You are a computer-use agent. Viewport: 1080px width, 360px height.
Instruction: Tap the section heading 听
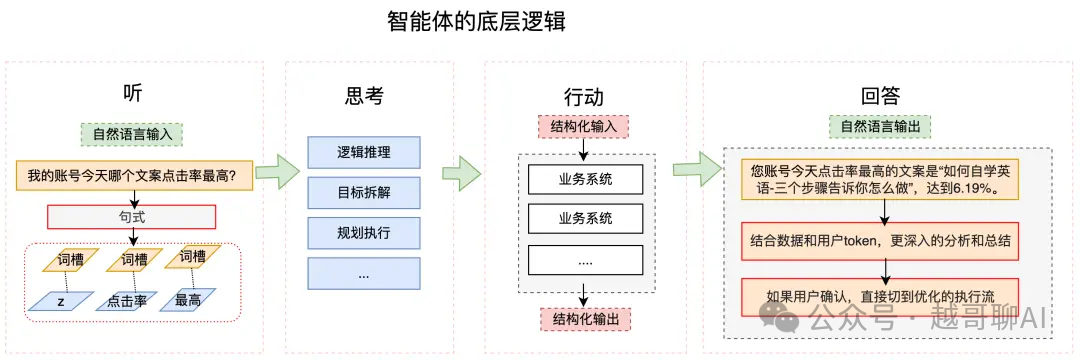pyautogui.click(x=133, y=93)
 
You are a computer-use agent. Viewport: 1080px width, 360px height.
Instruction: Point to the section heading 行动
pyautogui.click(x=583, y=97)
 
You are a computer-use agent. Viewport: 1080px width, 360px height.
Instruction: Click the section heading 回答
pyautogui.click(x=880, y=96)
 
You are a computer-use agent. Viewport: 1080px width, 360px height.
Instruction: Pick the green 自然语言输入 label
pyautogui.click(x=132, y=133)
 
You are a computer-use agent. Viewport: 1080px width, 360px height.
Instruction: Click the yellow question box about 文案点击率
pyautogui.click(x=134, y=176)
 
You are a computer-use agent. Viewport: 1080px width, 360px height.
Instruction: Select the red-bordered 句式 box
pyautogui.click(x=131, y=216)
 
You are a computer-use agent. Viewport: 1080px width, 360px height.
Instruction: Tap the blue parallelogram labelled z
pyautogui.click(x=61, y=300)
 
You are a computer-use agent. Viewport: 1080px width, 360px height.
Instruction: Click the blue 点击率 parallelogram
pyautogui.click(x=128, y=300)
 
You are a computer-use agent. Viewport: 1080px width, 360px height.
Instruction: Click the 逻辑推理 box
pyautogui.click(x=364, y=152)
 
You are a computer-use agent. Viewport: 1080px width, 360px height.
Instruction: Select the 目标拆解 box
pyautogui.click(x=364, y=192)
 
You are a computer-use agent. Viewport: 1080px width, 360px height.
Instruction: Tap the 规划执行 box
pyautogui.click(x=364, y=233)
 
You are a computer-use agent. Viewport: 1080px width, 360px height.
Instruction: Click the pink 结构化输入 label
pyautogui.click(x=583, y=127)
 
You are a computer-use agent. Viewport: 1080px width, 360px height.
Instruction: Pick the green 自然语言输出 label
pyautogui.click(x=880, y=127)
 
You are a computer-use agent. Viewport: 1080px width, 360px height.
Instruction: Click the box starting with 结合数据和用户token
pyautogui.click(x=880, y=240)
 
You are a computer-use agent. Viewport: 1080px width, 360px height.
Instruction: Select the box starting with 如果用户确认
pyautogui.click(x=880, y=296)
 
